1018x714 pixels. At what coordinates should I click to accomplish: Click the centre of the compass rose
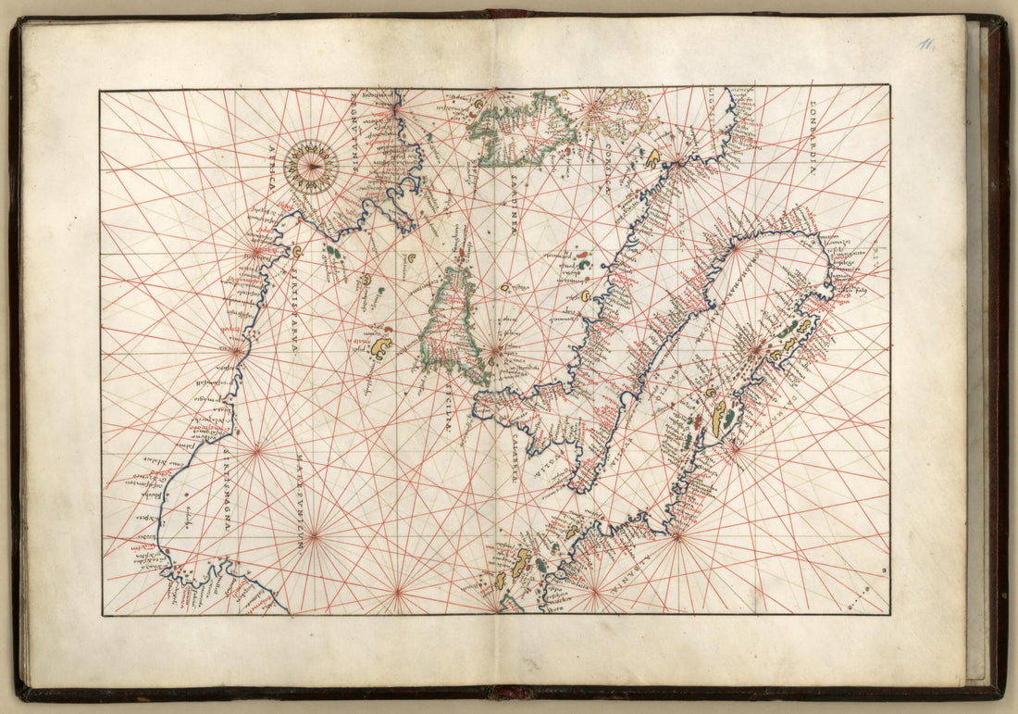[311, 166]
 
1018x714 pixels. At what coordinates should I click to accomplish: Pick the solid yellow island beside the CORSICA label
[652, 158]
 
